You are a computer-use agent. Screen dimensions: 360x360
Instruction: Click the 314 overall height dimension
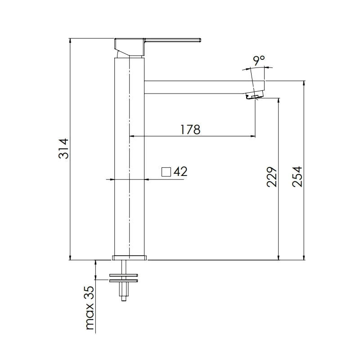click(x=63, y=148)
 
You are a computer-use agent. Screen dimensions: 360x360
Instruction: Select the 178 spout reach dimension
click(x=190, y=130)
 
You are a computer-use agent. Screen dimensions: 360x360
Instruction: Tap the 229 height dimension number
click(x=272, y=177)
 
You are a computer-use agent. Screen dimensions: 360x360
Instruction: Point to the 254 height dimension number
click(x=297, y=176)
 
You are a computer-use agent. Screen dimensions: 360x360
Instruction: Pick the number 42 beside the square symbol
click(x=180, y=171)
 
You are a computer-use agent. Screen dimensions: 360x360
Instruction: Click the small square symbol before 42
click(x=166, y=172)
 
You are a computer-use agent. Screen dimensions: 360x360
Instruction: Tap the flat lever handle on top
click(x=173, y=40)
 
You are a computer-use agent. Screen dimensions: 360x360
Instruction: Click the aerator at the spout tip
click(x=254, y=95)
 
